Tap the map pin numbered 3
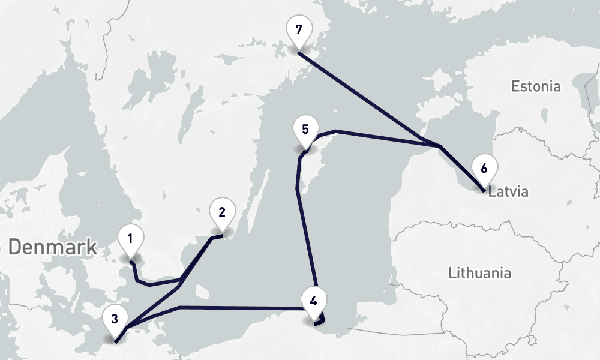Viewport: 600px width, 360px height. [x=115, y=319]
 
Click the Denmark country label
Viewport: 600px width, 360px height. [x=53, y=247]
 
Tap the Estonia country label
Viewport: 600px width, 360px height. [x=536, y=86]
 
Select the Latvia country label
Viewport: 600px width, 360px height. [x=508, y=193]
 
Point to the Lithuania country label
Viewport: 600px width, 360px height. [x=480, y=273]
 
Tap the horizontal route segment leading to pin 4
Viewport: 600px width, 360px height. [x=240, y=308]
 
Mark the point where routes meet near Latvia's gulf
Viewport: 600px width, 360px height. [x=440, y=146]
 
